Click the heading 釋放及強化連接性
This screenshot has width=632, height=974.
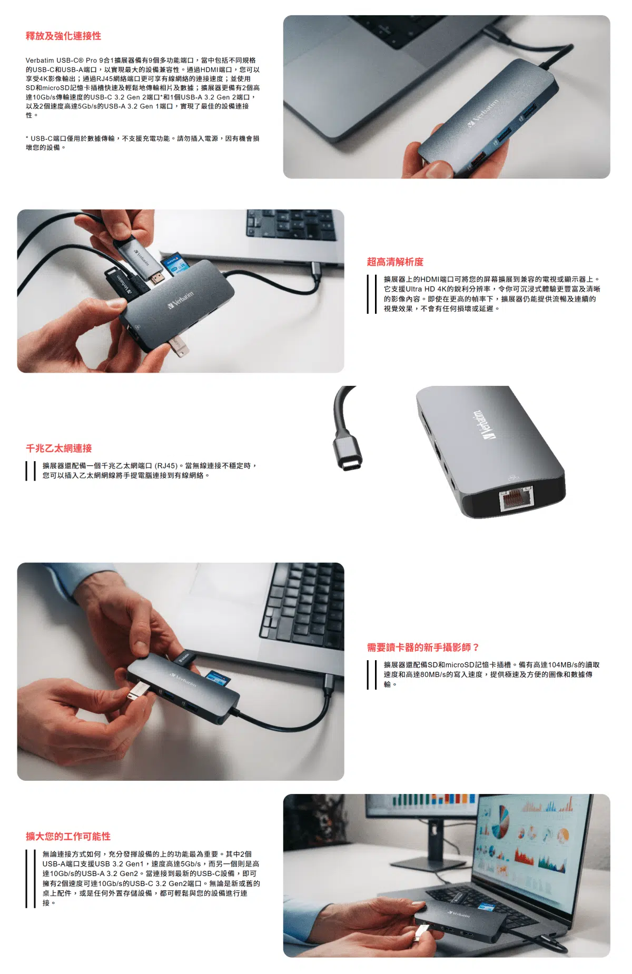click(63, 36)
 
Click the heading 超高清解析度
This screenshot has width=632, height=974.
click(395, 262)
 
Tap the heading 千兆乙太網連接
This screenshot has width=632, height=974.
click(59, 448)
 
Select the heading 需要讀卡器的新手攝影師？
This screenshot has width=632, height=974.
click(423, 647)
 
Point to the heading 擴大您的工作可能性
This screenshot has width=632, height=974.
click(68, 836)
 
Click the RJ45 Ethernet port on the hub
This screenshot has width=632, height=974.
click(516, 498)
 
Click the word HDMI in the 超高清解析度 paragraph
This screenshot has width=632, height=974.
click(430, 279)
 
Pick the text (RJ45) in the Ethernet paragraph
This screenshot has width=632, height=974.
click(166, 466)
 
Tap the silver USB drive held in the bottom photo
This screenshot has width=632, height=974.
click(421, 933)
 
